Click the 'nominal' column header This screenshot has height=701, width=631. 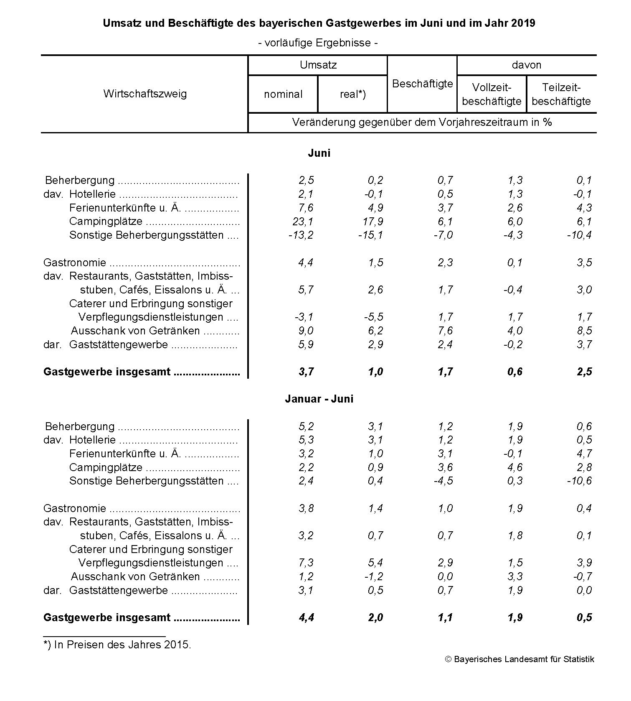283,94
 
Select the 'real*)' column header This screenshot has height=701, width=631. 352,94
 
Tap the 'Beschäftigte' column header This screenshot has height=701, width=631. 422,84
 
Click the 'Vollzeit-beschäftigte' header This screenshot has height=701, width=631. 492,94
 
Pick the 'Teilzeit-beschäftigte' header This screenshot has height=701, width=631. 561,94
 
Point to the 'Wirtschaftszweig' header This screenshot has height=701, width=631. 145,94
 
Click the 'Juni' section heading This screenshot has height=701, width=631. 319,153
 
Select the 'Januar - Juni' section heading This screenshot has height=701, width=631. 319,399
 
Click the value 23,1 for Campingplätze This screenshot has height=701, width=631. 304,222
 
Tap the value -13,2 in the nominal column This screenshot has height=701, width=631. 301,235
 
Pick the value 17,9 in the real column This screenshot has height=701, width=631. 373,222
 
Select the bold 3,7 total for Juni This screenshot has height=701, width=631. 306,372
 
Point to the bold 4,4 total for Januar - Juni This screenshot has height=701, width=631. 306,617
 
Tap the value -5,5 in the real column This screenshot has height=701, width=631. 374,317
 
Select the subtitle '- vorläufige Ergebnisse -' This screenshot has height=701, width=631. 318,43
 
